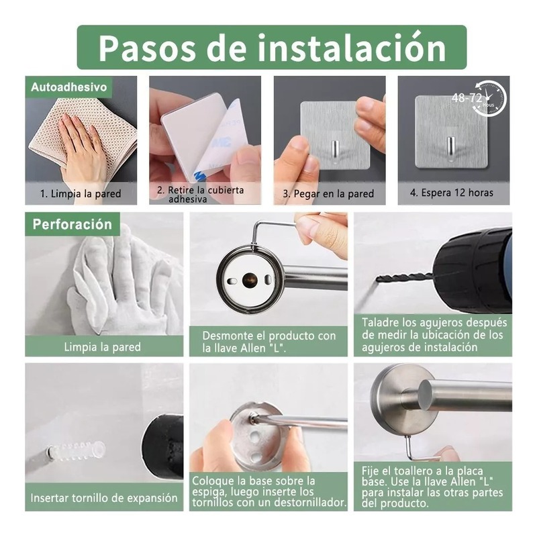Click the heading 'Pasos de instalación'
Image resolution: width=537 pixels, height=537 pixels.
pyautogui.click(x=272, y=47)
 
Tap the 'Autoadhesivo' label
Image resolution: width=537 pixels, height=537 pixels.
pyautogui.click(x=69, y=87)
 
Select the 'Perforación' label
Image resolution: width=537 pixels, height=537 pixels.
pyautogui.click(x=72, y=224)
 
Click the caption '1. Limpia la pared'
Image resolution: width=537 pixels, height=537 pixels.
pyautogui.click(x=81, y=194)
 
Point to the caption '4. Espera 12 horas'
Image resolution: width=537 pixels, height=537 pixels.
pyautogui.click(x=452, y=193)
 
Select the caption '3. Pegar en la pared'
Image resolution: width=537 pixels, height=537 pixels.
pyautogui.click(x=328, y=194)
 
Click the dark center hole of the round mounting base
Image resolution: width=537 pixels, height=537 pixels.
pyautogui.click(x=249, y=280)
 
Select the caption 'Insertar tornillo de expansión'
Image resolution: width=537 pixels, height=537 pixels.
pyautogui.click(x=104, y=497)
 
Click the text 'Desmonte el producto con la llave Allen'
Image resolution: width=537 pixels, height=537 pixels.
pyautogui.click(x=269, y=342)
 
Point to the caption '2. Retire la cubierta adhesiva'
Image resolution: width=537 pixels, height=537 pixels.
pyautogui.click(x=201, y=194)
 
